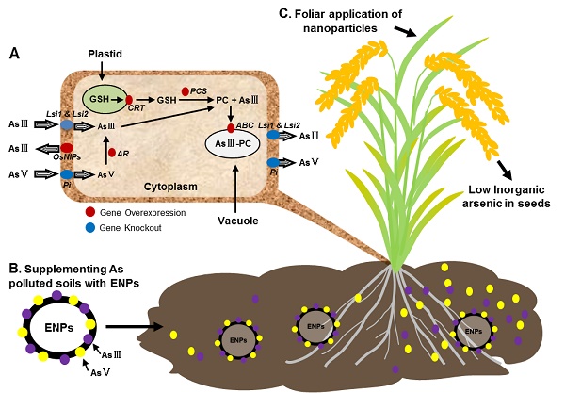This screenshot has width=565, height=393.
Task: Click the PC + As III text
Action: (229, 99)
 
